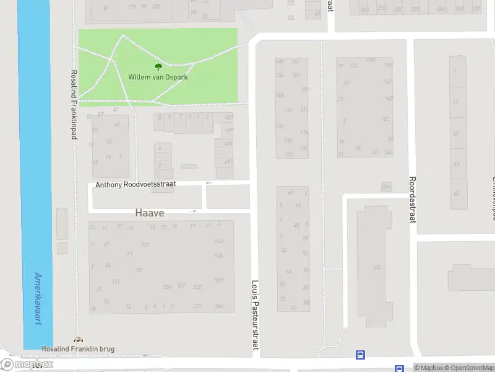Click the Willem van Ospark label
tap(158, 77)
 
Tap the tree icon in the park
tap(158, 67)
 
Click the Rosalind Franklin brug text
tap(78, 349)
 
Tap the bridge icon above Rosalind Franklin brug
tap(77, 340)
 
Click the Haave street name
tap(150, 213)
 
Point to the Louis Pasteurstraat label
tap(254, 315)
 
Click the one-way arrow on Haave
tap(193, 211)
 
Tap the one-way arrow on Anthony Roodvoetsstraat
tap(209, 183)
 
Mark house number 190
tap(376, 268)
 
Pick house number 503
tap(218, 241)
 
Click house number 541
tap(219, 306)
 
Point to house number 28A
tap(386, 187)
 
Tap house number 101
tap(145, 245)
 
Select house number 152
tap(289, 154)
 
